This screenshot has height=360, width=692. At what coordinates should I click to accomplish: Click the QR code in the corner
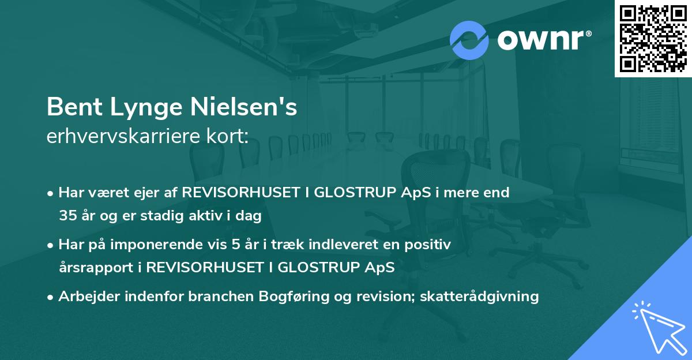653,39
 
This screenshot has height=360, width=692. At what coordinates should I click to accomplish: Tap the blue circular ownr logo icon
469,40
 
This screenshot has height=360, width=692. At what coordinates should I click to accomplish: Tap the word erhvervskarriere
123,136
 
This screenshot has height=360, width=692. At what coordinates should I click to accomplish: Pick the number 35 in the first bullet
67,216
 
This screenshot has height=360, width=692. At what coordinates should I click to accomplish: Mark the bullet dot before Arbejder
51,297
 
